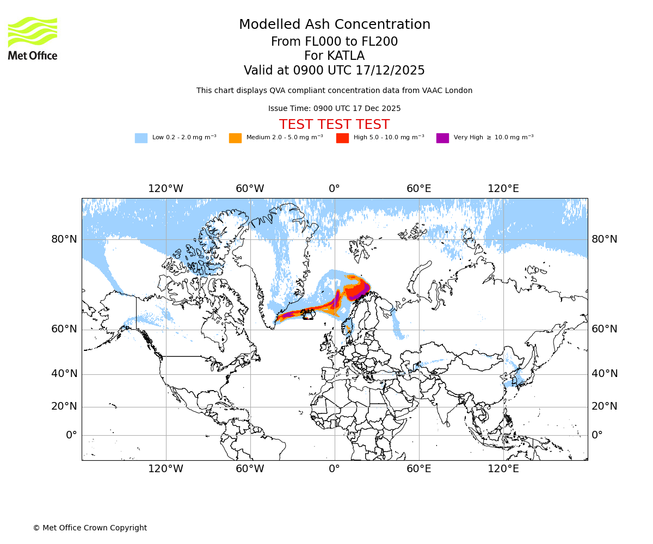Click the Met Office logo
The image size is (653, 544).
(x=33, y=38)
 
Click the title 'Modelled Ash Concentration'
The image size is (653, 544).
(x=334, y=24)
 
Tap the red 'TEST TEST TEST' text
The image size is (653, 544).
(x=334, y=125)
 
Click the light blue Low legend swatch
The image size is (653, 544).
(x=141, y=138)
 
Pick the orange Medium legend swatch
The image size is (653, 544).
(x=235, y=138)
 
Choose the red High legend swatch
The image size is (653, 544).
(x=342, y=138)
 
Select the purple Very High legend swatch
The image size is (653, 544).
(x=442, y=138)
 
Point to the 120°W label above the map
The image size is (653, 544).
(x=165, y=189)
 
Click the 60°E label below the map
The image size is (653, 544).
(x=418, y=469)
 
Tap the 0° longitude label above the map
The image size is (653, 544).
(x=334, y=189)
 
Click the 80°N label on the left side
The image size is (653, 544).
(x=64, y=239)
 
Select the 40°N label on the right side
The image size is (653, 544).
(x=605, y=374)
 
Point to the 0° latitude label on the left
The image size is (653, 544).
(x=71, y=435)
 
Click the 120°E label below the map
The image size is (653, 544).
(x=503, y=469)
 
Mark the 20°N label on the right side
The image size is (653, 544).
(x=605, y=406)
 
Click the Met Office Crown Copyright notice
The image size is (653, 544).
(x=90, y=528)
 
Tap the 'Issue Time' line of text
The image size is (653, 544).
(x=334, y=109)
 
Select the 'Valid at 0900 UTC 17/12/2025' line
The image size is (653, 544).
(x=334, y=71)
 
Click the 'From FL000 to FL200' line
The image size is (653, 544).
(x=334, y=42)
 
